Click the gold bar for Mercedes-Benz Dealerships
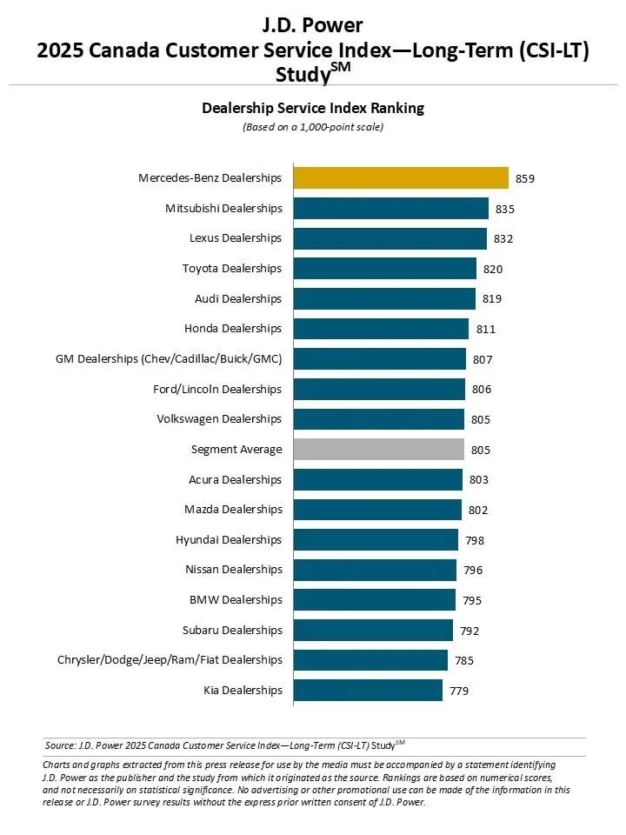(401, 178)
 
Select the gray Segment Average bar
(378, 450)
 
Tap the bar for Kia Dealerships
(368, 691)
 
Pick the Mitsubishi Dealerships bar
(391, 209)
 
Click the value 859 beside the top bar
(524, 178)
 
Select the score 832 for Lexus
(503, 238)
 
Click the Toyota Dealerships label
(232, 269)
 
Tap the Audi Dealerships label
(238, 299)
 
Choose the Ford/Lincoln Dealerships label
(217, 390)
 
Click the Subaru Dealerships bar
(373, 631)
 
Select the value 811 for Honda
(485, 330)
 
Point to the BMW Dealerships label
(236, 600)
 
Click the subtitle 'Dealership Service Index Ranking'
(313, 109)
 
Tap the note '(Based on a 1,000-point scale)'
(313, 127)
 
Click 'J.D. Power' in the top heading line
(313, 24)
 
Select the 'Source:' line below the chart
(224, 745)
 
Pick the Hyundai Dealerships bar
(376, 540)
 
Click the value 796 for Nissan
(473, 571)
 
